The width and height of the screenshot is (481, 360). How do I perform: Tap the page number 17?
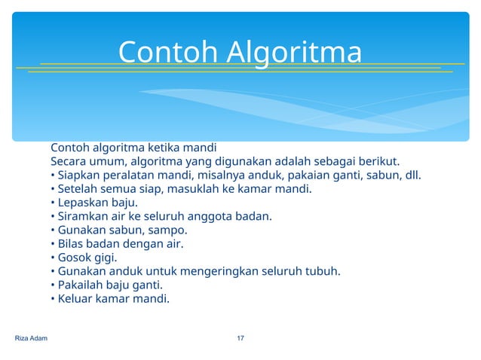coord(240,338)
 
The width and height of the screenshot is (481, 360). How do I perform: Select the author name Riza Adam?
coord(31,338)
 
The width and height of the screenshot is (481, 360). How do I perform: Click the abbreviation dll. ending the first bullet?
coord(412,175)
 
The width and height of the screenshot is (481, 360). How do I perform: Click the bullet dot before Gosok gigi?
coord(53,258)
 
